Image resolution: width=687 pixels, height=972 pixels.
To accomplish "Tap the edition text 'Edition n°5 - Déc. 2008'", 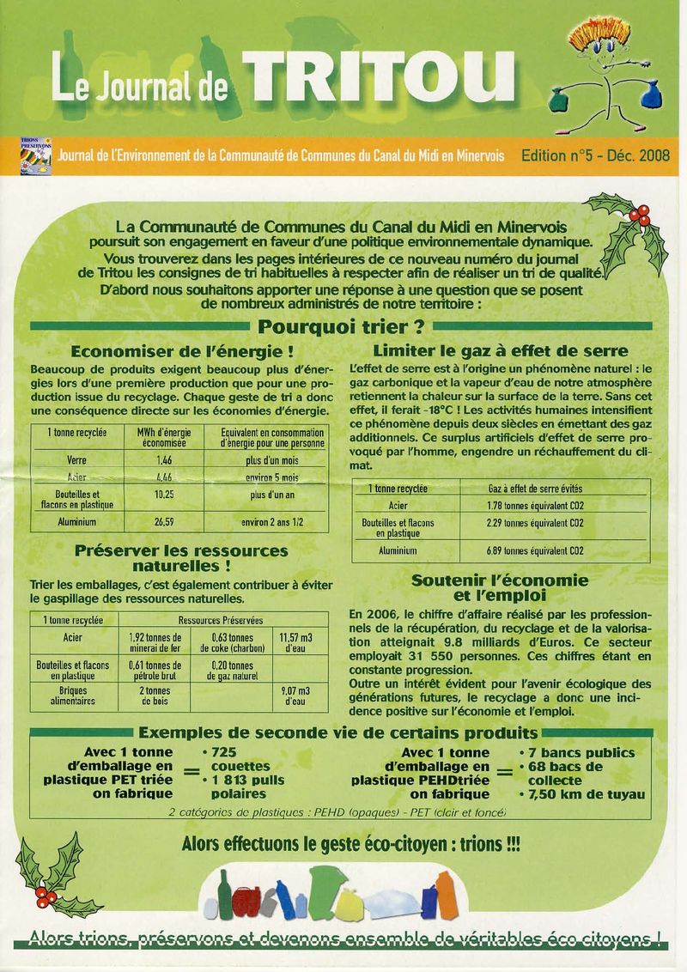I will (x=595, y=156).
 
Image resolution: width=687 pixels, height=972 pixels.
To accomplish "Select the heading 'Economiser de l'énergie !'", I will (x=183, y=351).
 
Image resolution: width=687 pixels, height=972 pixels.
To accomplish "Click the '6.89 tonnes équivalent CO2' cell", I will (x=535, y=550).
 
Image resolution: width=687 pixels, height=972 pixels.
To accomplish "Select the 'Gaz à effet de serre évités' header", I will (x=535, y=488).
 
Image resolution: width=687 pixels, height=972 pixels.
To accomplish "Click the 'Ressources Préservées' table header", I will (x=221, y=619).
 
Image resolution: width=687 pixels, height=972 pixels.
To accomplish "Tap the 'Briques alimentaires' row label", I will (x=72, y=696).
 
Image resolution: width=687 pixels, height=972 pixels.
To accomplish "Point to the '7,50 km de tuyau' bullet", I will (x=586, y=794).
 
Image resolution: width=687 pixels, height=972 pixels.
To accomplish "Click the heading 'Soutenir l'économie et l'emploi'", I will (x=500, y=588).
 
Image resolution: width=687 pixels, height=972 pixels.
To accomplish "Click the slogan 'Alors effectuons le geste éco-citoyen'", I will (x=350, y=844).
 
